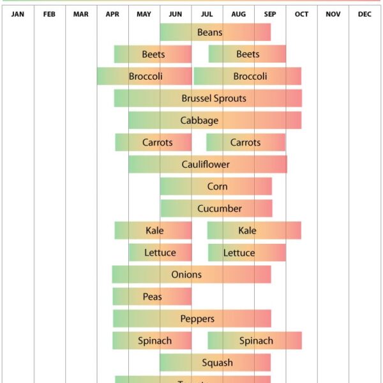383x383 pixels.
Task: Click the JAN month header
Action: (x=18, y=14)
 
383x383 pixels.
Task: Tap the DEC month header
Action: (x=364, y=14)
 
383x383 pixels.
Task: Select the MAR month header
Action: (x=81, y=14)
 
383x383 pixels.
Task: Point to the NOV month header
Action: (x=333, y=14)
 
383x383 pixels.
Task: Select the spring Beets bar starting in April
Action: (x=153, y=54)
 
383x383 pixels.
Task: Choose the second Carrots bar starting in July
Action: (x=246, y=142)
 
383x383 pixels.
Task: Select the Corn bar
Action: (x=216, y=186)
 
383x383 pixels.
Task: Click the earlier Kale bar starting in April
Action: (x=153, y=230)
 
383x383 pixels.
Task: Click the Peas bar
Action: (x=152, y=297)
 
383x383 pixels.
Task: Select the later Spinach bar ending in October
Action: (x=255, y=341)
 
